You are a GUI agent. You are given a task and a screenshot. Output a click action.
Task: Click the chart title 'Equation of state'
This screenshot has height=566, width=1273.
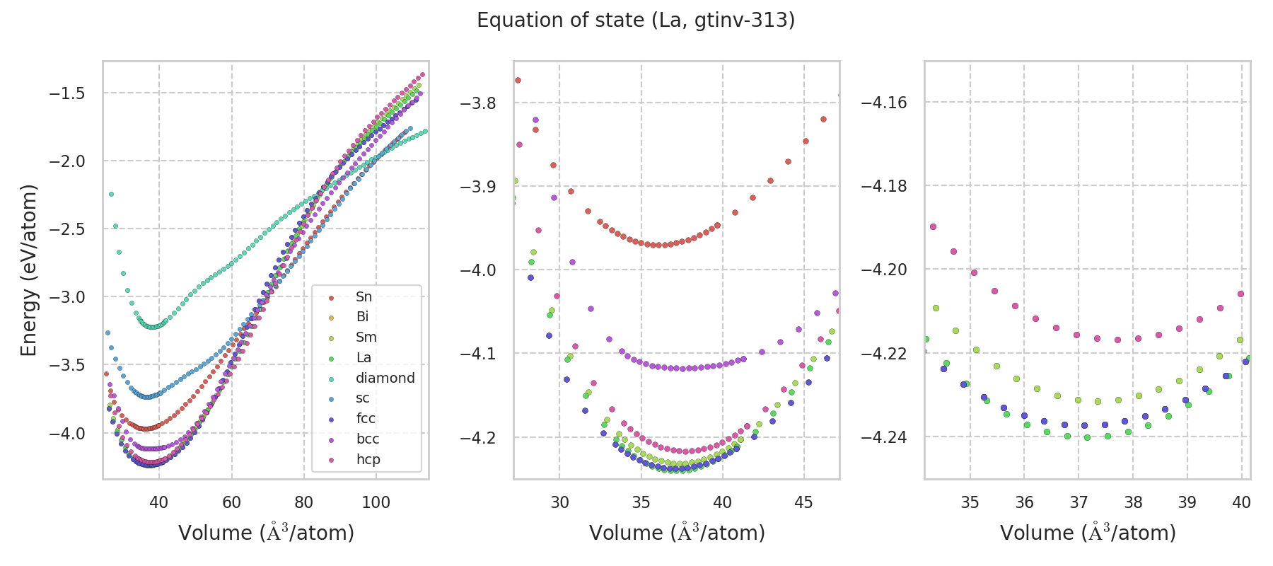pyautogui.click(x=636, y=21)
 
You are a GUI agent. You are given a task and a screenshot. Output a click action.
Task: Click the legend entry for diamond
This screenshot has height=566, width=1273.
pyautogui.click(x=385, y=378)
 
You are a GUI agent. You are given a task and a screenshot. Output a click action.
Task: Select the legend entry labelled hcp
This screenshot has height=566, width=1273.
pyautogui.click(x=368, y=459)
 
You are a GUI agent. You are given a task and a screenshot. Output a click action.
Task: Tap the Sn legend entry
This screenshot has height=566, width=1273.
pyautogui.click(x=364, y=296)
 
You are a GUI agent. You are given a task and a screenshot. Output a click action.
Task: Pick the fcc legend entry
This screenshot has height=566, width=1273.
pyautogui.click(x=366, y=418)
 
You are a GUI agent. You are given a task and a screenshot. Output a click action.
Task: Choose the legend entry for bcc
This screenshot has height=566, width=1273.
pyautogui.click(x=368, y=439)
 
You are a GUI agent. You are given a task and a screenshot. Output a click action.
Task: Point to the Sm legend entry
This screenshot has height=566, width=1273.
pyautogui.click(x=366, y=337)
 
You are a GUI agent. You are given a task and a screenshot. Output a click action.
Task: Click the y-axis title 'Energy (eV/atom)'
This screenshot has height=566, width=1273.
pyautogui.click(x=28, y=270)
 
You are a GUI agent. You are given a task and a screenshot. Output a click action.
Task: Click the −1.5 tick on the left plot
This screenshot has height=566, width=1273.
pyautogui.click(x=66, y=93)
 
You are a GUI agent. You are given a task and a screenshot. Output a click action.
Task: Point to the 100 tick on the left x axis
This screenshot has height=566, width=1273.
pyautogui.click(x=376, y=502)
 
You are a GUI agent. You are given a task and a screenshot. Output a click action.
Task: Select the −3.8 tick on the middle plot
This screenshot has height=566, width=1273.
pyautogui.click(x=478, y=103)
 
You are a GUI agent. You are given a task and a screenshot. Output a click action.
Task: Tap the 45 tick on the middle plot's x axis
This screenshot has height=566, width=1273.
pyautogui.click(x=804, y=502)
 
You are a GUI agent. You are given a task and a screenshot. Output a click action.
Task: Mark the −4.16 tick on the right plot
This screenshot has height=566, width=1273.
pyautogui.click(x=883, y=103)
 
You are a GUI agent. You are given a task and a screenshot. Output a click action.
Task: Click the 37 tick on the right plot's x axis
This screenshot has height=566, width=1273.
pyautogui.click(x=1079, y=502)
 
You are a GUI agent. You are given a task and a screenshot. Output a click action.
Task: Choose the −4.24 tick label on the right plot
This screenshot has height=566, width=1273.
pyautogui.click(x=883, y=437)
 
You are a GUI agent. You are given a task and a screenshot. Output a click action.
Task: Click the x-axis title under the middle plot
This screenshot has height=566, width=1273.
pyautogui.click(x=677, y=533)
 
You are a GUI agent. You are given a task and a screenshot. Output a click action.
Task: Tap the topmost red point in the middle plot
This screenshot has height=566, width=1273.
pyautogui.click(x=518, y=80)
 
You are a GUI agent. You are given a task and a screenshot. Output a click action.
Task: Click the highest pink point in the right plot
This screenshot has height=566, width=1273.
pyautogui.click(x=933, y=226)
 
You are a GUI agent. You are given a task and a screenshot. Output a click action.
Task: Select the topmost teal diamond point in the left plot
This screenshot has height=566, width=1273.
pyautogui.click(x=111, y=194)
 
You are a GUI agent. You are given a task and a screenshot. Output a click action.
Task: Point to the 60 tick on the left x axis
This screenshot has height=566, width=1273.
pyautogui.click(x=231, y=502)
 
